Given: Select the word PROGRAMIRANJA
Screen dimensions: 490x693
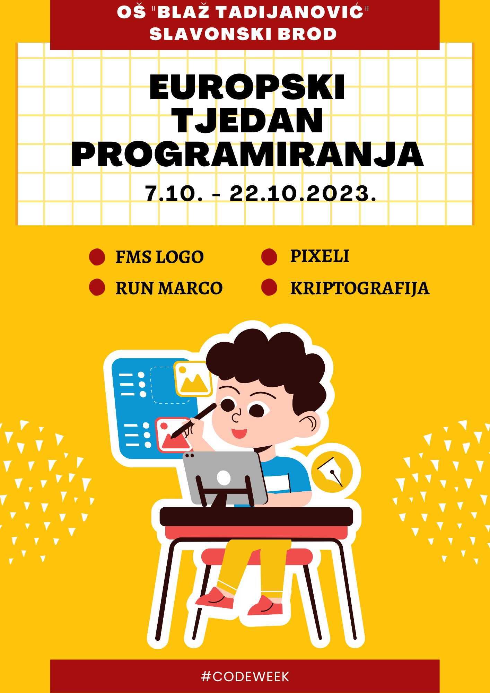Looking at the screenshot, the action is point(247,155).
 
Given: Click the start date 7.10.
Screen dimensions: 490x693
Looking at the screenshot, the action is point(174,193).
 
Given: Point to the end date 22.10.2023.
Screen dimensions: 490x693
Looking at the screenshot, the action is point(303,193).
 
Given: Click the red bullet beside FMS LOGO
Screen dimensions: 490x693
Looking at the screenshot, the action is point(97,257).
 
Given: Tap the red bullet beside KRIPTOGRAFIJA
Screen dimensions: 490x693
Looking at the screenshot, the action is point(269,287).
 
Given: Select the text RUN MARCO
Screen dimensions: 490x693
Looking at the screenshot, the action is point(169,288).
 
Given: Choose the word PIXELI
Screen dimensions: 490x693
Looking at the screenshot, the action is point(320,256).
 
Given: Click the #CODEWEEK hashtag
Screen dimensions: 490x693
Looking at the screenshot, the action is point(245,676).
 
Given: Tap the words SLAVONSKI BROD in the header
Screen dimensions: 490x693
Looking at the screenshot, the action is point(243,34).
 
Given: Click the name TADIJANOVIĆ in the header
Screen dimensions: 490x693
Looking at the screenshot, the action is point(290,12).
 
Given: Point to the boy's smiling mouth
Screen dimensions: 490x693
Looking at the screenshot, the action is point(239,433).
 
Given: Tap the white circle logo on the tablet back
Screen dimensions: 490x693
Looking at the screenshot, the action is point(224,478).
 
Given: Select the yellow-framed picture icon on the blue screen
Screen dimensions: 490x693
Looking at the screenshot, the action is point(193,379).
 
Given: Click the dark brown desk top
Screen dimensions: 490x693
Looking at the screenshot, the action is point(256,517).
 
